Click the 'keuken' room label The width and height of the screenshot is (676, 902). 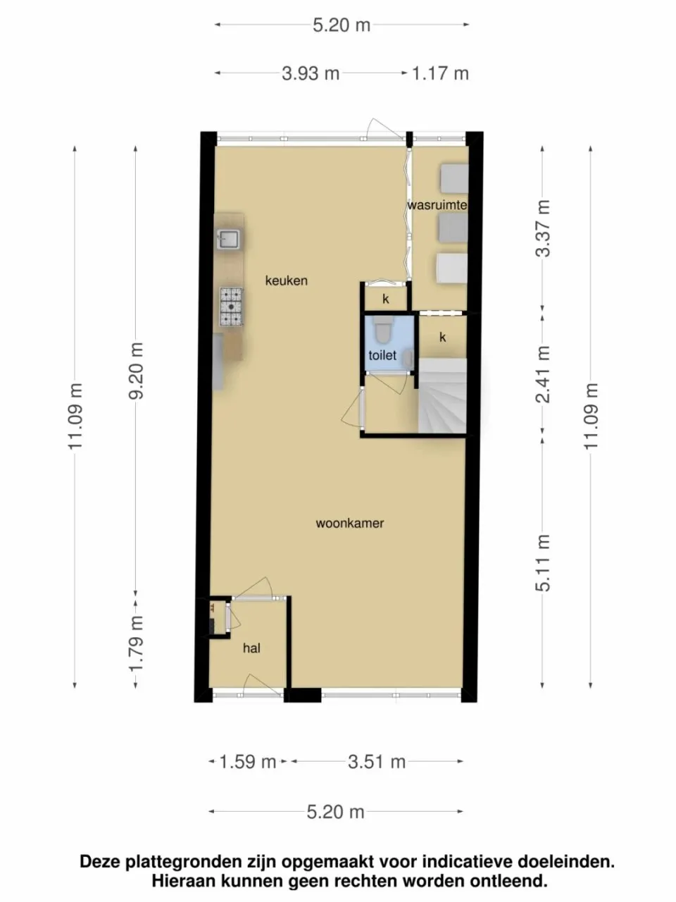[286, 280]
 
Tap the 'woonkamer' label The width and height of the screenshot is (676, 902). [350, 523]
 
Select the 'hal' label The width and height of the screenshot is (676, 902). [251, 648]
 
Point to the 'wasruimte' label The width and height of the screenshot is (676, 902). [437, 204]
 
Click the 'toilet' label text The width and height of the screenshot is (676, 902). [382, 355]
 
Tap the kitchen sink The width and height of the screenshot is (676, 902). [228, 239]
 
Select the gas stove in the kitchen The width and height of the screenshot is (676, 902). [231, 307]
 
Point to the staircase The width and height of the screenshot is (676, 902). [442, 395]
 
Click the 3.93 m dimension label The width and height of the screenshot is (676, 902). [311, 73]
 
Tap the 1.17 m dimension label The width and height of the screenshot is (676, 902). [440, 73]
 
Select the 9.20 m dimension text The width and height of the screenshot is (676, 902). [135, 370]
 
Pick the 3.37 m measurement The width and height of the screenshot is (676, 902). [543, 228]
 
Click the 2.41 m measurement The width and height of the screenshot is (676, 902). [543, 374]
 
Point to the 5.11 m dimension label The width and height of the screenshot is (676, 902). [543, 563]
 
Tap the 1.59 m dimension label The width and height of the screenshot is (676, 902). [248, 762]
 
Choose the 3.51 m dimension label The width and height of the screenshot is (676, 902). [377, 762]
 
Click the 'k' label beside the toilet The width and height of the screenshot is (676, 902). [442, 337]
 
